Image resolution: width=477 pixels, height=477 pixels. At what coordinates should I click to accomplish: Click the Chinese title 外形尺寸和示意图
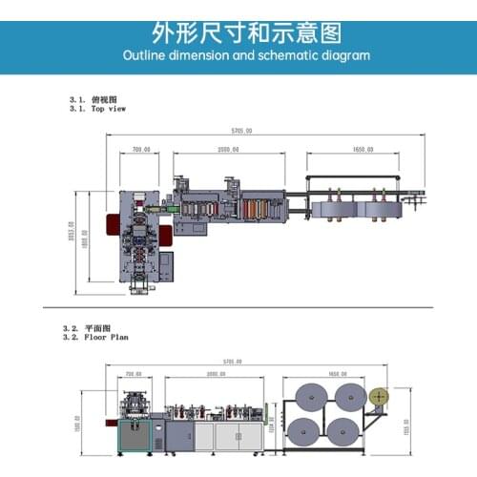pyautogui.click(x=238, y=31)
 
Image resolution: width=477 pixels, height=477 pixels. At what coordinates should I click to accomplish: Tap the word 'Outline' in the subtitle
pyautogui.click(x=147, y=55)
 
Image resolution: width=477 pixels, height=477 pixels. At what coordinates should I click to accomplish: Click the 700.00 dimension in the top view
pyautogui.click(x=141, y=150)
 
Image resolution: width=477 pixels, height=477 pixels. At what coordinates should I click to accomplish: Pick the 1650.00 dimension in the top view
pyautogui.click(x=363, y=150)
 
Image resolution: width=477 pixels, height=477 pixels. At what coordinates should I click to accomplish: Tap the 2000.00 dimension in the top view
pyautogui.click(x=227, y=150)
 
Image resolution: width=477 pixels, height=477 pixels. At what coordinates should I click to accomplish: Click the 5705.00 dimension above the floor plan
pyautogui.click(x=232, y=362)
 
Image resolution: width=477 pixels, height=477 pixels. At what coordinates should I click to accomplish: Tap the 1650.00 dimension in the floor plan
pyautogui.click(x=337, y=374)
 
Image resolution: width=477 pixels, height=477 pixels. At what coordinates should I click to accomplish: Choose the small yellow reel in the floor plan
pyautogui.click(x=382, y=394)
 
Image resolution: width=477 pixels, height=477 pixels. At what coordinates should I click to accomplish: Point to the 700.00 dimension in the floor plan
pyautogui.click(x=133, y=374)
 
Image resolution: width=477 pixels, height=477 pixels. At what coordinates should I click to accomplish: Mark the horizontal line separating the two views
pyautogui.click(x=238, y=307)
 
